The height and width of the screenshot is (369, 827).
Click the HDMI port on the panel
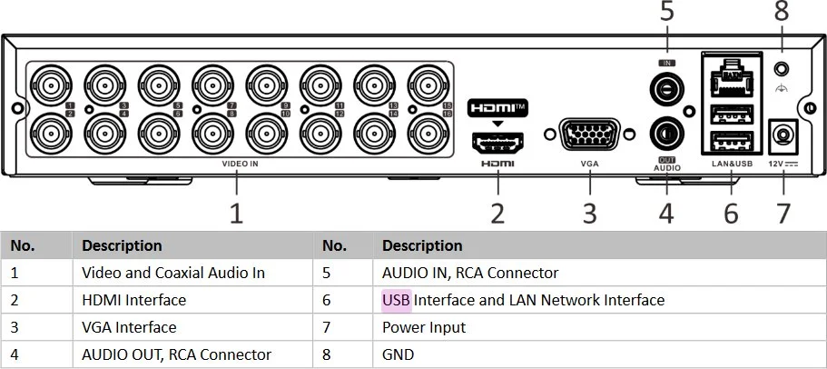tap(497, 143)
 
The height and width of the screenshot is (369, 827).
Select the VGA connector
tap(589, 135)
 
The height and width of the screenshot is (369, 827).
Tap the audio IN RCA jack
tap(666, 88)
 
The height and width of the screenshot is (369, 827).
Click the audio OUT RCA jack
tap(666, 135)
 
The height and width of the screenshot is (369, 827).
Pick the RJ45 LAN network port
tap(732, 77)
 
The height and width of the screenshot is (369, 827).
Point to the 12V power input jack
tap(783, 135)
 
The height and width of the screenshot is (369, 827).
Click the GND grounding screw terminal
tap(782, 69)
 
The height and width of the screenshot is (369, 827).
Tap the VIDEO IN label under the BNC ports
tap(240, 164)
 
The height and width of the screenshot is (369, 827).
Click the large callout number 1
tap(237, 213)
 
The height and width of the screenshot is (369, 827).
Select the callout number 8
tap(782, 12)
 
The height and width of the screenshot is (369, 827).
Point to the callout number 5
tap(667, 12)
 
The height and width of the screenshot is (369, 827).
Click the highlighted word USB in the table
tap(396, 300)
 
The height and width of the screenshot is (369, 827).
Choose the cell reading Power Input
tap(424, 328)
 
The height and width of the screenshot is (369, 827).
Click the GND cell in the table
tap(399, 354)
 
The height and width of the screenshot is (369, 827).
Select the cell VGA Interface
tap(129, 327)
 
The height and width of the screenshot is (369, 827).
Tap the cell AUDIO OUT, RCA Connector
tap(177, 354)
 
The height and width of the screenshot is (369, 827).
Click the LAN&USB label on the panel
tap(732, 164)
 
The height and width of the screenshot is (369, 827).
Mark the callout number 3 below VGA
tap(590, 213)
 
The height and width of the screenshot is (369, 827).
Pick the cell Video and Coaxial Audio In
tap(173, 273)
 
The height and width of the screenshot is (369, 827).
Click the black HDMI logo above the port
tap(497, 108)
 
